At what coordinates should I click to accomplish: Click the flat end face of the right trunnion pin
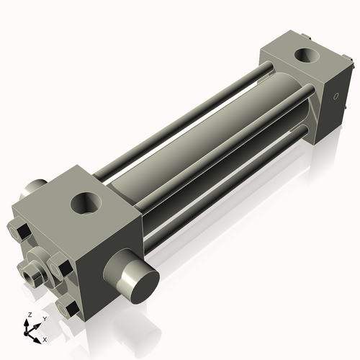point(136,281)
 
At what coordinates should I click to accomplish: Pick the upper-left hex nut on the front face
point(21,232)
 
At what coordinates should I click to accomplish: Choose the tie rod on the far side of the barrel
point(187,108)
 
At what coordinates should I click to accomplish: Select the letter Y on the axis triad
point(44,318)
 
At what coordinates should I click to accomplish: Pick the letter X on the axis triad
point(45,338)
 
